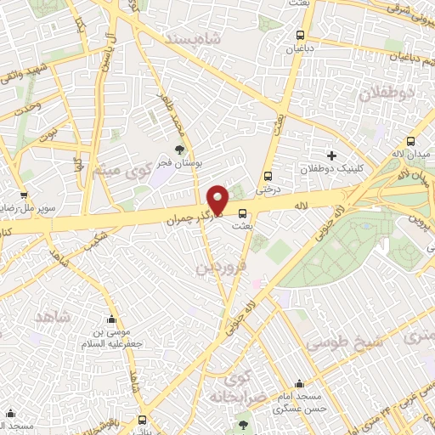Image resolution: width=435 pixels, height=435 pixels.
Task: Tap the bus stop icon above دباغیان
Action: pos(300,35)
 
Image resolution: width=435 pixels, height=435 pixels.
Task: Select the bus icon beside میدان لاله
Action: pos(411,142)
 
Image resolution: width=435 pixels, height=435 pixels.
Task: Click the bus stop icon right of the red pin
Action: pos(243,213)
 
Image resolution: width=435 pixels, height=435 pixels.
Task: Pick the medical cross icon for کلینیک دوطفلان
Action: pos(331,155)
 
